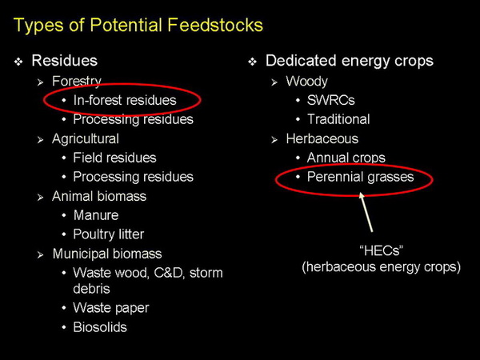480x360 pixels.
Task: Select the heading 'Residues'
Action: (64, 60)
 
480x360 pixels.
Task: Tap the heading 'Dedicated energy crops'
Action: (350, 61)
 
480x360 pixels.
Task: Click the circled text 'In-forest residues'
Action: (124, 100)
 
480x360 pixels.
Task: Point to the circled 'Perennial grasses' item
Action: (360, 177)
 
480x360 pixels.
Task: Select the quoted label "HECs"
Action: (381, 250)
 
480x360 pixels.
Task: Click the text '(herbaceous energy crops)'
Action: (381, 268)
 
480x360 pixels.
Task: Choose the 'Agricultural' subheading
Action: (86, 138)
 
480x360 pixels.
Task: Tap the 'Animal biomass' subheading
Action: (99, 196)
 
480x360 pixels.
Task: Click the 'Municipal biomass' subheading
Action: (106, 254)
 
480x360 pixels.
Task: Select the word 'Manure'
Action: (95, 215)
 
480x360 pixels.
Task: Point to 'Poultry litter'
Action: (108, 234)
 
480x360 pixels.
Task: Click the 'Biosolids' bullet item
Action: (99, 326)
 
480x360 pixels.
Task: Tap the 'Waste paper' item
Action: (110, 307)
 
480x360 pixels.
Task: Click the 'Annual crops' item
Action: (346, 158)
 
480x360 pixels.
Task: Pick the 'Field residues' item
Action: (114, 158)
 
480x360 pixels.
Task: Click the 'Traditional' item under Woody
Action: (338, 119)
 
